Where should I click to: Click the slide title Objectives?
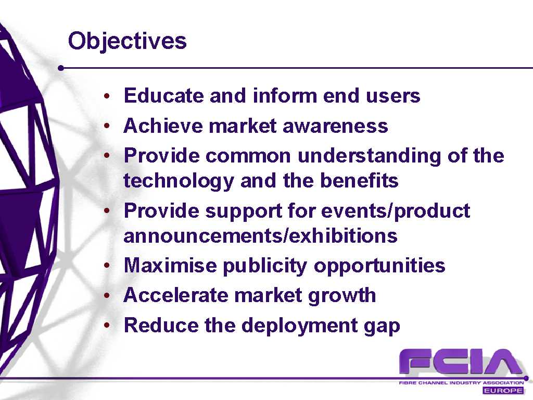tap(127, 42)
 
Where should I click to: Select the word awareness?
tap(335, 126)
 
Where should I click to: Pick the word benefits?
tap(359, 180)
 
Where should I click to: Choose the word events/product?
tap(396, 211)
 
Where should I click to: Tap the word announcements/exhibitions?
tap(260, 235)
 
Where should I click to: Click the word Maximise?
tap(170, 265)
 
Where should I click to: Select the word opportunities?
tap(379, 266)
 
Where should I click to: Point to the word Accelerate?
tap(176, 295)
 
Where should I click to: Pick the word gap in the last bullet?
tap(382, 327)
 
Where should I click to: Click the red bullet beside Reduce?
tap(107, 326)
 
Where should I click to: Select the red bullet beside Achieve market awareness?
tap(107, 126)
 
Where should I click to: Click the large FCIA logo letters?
tap(461, 362)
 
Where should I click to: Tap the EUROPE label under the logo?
tap(503, 391)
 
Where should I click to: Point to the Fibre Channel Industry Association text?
tap(461, 383)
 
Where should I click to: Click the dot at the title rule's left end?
tap(61, 68)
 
